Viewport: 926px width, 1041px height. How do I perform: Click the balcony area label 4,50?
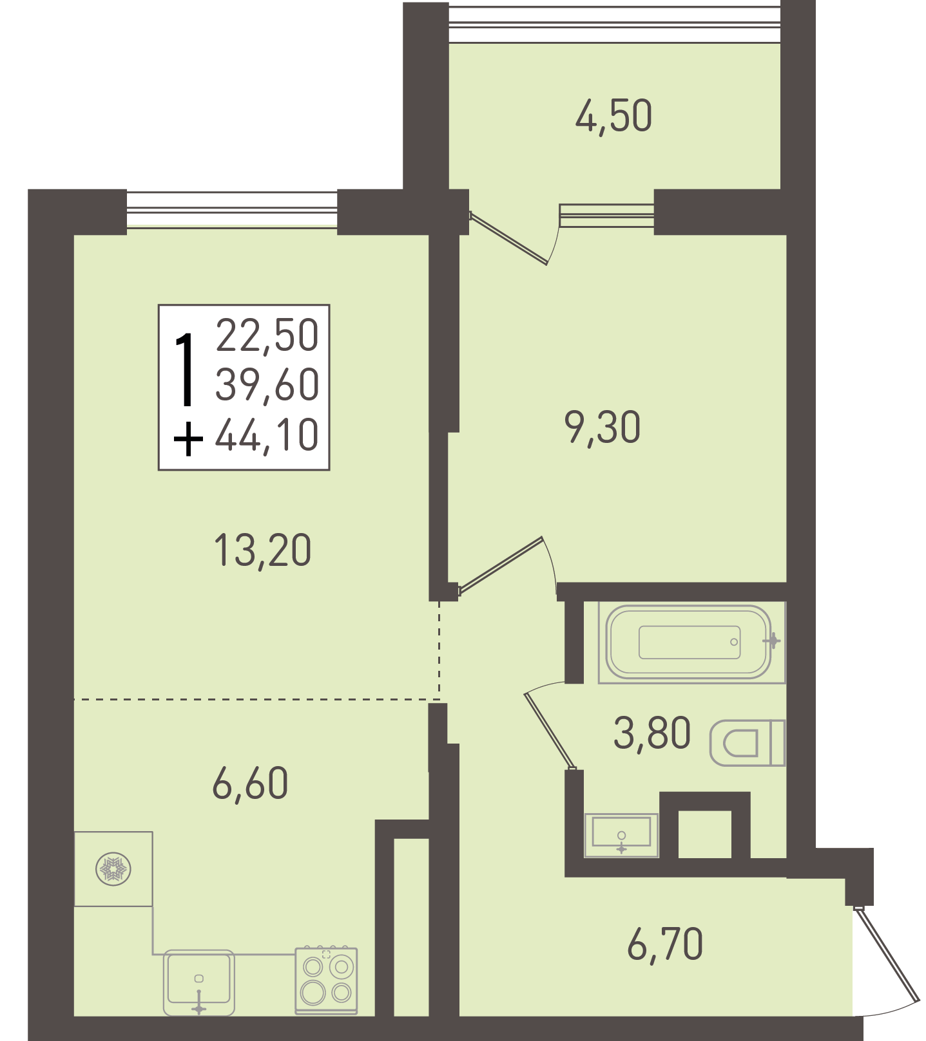coord(613,117)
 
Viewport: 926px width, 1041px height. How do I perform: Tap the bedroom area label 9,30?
coord(603,427)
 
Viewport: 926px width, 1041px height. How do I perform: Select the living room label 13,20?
coord(262,551)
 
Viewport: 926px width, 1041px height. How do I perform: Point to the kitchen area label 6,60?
coord(250,783)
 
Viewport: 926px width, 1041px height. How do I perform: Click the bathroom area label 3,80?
coord(652,733)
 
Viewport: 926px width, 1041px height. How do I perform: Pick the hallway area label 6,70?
coord(665,944)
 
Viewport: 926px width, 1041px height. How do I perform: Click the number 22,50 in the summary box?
coord(267,335)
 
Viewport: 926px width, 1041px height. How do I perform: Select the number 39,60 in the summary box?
coord(267,385)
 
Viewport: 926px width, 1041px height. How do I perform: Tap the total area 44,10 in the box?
coord(267,435)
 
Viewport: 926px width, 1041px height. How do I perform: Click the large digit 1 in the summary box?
coord(186,370)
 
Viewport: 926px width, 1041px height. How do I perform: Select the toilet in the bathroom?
coord(748,743)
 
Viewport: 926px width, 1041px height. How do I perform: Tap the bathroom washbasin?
coord(621,835)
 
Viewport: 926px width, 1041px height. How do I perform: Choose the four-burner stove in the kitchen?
coord(326,980)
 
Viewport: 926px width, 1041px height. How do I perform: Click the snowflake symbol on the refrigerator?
coord(113,870)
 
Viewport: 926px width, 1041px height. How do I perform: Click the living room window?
coord(232,210)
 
